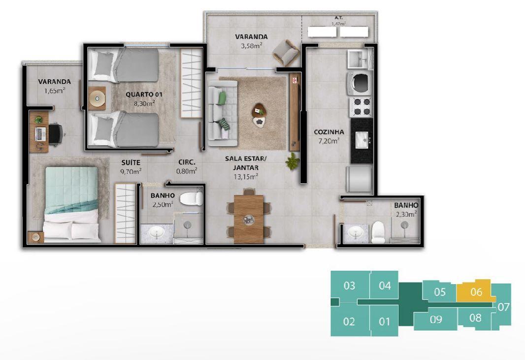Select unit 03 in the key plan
pos(350,285)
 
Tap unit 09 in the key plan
pos(435,319)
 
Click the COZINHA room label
pos(329,132)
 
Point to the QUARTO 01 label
pos(144,95)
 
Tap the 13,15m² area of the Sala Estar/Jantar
pos(246,176)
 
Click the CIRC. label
pos(187,162)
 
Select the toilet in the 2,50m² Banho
pos(191,198)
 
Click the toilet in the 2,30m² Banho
pos(378,232)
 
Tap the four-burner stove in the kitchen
pos(361,106)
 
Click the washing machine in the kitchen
pos(360,82)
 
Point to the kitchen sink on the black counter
pos(361,139)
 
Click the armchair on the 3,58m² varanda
pos(286,53)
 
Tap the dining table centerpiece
pos(248,219)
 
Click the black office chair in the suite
pos(56,134)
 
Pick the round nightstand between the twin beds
pos(97,98)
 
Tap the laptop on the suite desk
pos(40,134)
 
